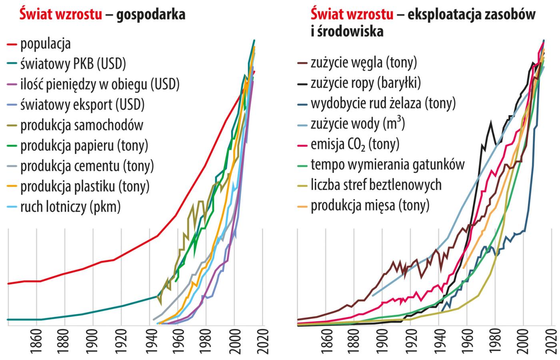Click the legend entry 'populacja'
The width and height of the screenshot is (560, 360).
click(x=46, y=44)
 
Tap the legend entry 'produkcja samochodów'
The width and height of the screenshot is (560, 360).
click(x=82, y=125)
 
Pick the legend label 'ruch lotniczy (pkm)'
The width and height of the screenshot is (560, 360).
click(x=70, y=207)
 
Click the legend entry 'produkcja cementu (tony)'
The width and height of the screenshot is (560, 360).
click(x=87, y=166)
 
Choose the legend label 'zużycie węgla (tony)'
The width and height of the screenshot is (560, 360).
click(x=364, y=63)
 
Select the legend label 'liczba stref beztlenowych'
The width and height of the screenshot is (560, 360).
click(x=376, y=185)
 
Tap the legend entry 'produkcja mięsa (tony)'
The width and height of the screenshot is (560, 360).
click(x=370, y=206)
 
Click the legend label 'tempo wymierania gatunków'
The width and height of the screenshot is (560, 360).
click(x=388, y=164)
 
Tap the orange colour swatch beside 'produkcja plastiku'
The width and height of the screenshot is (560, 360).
click(x=12, y=186)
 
